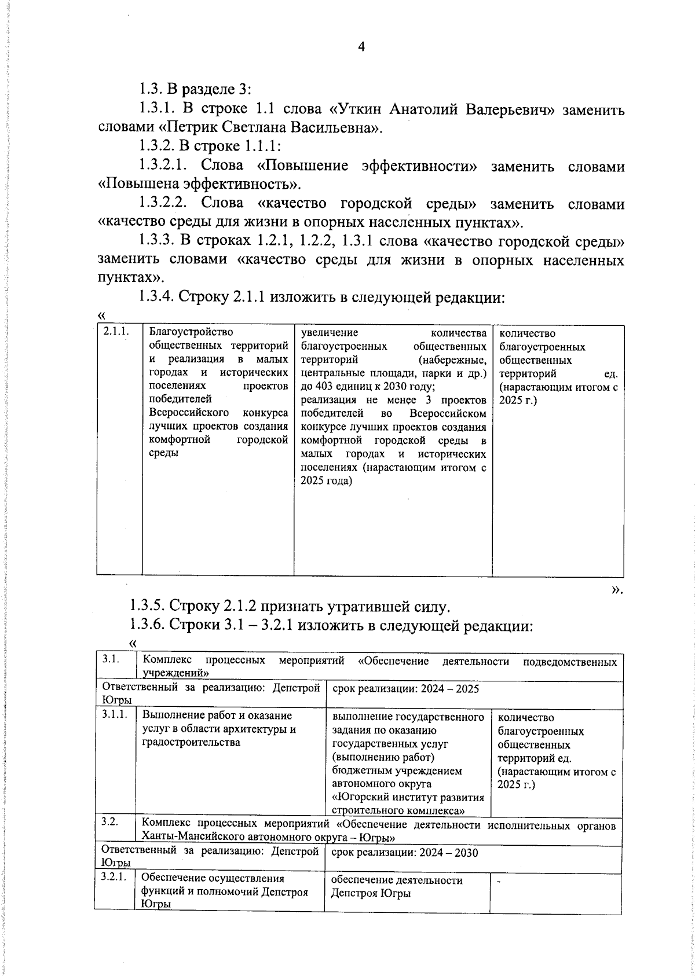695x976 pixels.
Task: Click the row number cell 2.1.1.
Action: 115,333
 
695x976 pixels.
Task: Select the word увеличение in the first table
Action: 330,333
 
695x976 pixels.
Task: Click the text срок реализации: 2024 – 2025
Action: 404,689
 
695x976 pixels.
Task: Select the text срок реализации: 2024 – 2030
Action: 404,853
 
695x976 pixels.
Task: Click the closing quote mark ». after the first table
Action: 617,589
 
